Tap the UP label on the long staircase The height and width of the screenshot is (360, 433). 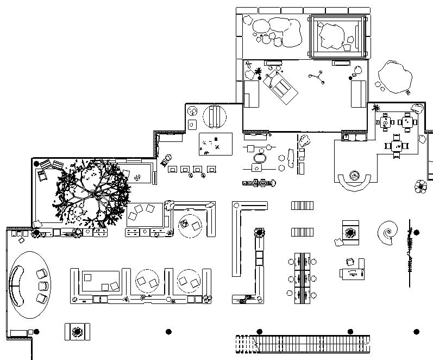(x=367, y=344)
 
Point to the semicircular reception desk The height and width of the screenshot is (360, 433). (x=354, y=180)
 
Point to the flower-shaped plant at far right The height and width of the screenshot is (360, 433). (x=421, y=187)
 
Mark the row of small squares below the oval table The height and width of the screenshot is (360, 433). (x=258, y=183)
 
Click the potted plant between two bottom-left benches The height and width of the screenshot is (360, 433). (x=77, y=331)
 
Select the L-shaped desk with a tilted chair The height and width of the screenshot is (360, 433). (x=353, y=270)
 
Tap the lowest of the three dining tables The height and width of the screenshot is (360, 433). (x=396, y=146)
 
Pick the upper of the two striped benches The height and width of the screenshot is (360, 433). (x=303, y=206)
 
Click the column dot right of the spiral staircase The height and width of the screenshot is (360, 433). (x=417, y=233)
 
